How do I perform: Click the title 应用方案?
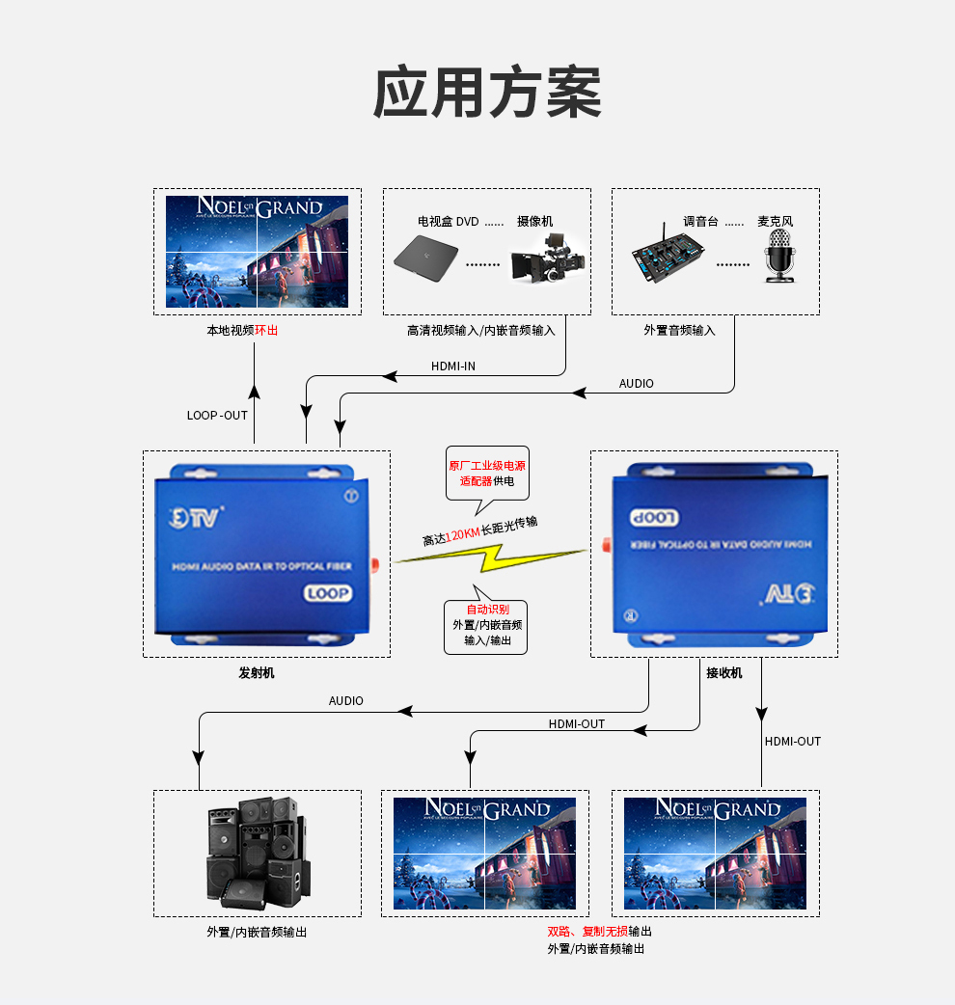tap(487, 94)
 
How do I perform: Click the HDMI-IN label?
tap(452, 367)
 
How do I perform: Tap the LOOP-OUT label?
tap(217, 416)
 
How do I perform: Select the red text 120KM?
tap(462, 533)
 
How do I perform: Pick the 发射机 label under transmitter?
tap(257, 672)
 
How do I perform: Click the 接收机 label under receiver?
tap(724, 672)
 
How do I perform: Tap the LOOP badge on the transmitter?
tap(328, 593)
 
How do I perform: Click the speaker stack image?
tap(257, 853)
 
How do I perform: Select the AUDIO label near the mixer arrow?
tap(636, 384)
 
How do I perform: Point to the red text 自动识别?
tap(487, 610)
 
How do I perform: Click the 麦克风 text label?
tap(775, 221)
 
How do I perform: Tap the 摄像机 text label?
tap(535, 221)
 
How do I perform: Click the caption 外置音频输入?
tap(680, 330)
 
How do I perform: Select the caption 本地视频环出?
tap(242, 330)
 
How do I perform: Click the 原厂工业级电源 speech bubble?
tap(487, 473)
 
